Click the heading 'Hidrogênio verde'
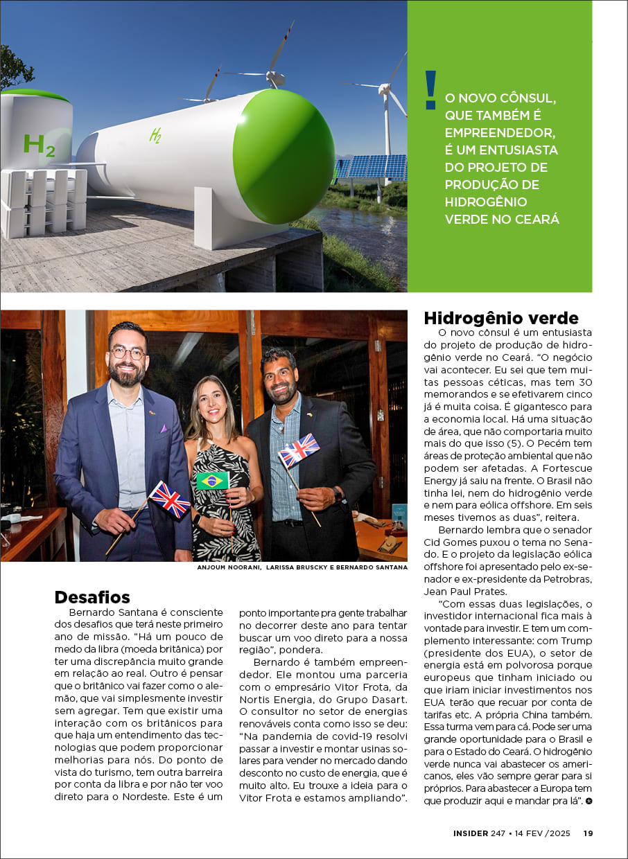(500, 318)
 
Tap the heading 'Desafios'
(92, 597)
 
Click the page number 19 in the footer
(587, 833)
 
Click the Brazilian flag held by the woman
(212, 481)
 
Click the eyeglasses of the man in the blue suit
(128, 353)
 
